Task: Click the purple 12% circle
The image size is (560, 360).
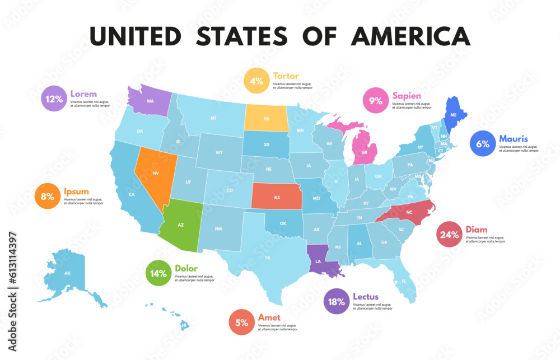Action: (x=54, y=99)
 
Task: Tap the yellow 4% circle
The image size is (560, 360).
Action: (x=256, y=81)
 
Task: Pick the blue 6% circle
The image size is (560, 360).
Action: (x=483, y=143)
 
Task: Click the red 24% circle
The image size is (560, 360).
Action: (x=449, y=235)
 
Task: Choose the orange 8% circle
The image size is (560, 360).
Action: (x=48, y=197)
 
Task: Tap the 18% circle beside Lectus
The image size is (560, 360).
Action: (x=337, y=301)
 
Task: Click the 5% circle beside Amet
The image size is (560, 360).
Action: (x=242, y=322)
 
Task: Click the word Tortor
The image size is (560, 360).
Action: (x=286, y=76)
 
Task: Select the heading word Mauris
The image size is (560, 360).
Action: (x=514, y=138)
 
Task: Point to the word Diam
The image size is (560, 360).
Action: (x=476, y=230)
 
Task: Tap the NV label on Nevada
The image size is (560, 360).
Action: (x=150, y=174)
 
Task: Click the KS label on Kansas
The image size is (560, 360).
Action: (x=277, y=197)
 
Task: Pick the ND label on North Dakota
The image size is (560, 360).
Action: (x=267, y=118)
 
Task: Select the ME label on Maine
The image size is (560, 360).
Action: (x=454, y=114)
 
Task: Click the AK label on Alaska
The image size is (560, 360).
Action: (x=67, y=273)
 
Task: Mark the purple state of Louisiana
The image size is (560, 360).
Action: (x=320, y=261)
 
